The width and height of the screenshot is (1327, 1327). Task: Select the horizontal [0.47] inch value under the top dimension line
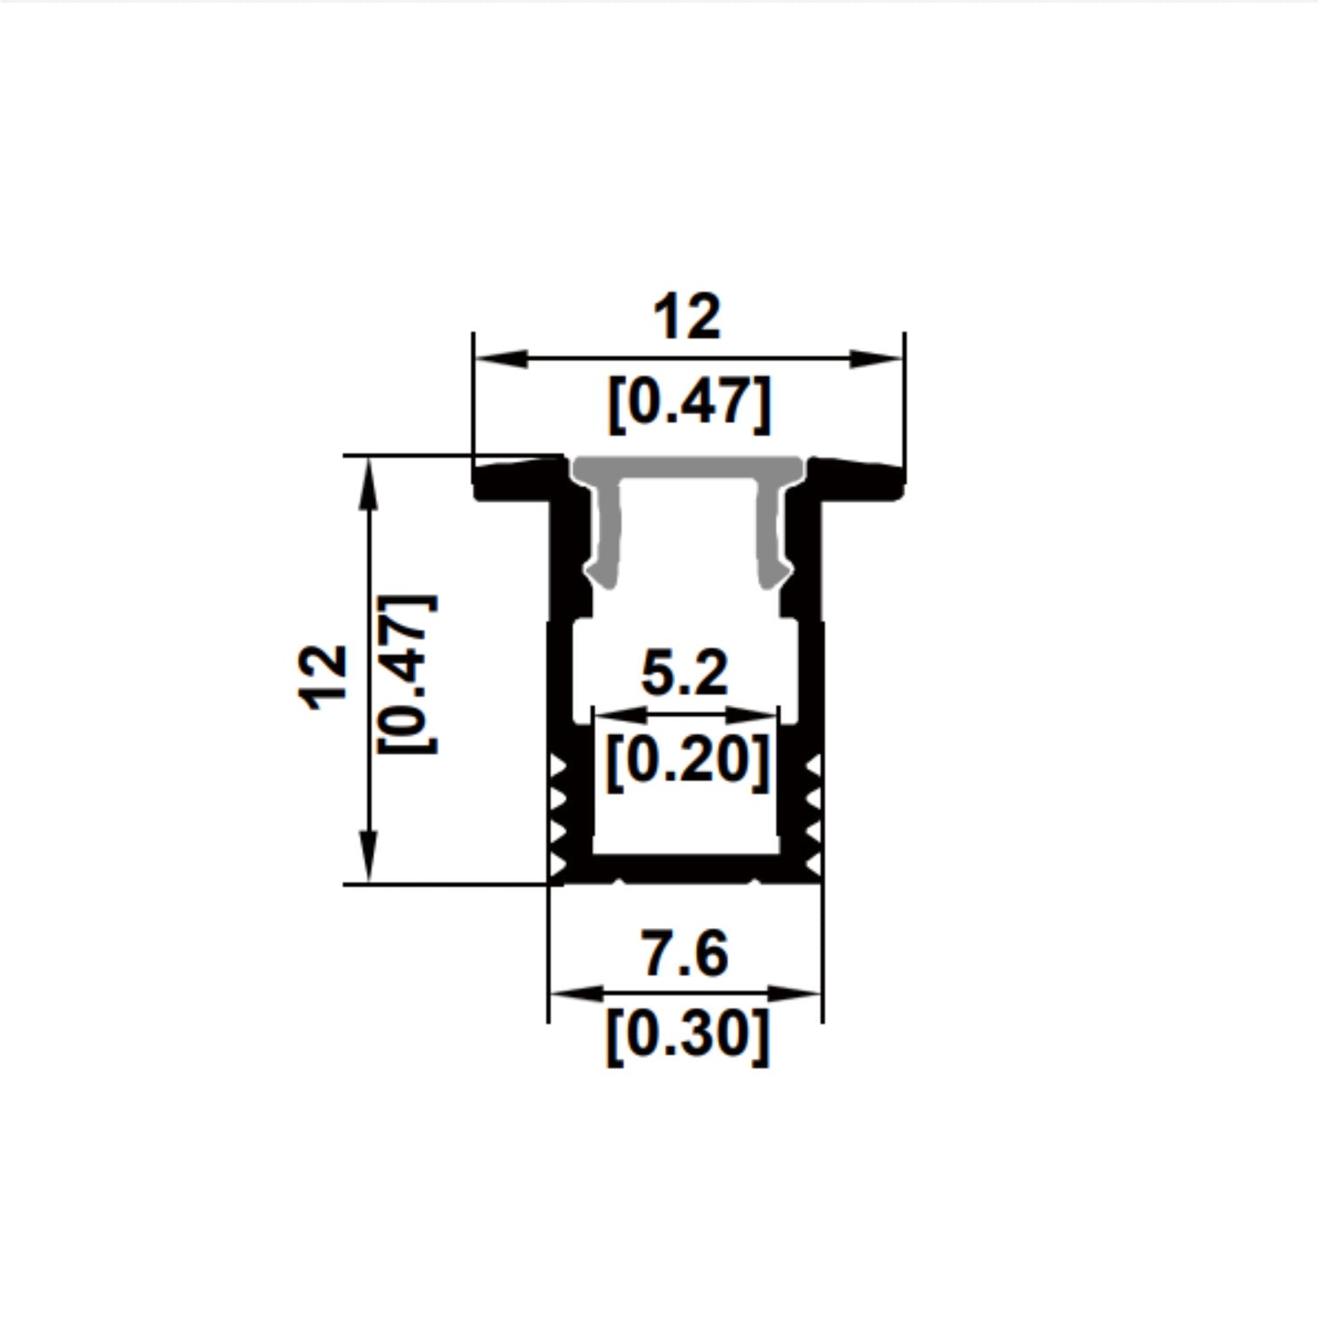(688, 405)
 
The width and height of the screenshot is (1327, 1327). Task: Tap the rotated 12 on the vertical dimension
(324, 677)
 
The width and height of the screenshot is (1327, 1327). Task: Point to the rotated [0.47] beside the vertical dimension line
(407, 674)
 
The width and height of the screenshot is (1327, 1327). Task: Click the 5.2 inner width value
(684, 674)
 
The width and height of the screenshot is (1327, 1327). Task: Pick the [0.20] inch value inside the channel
(687, 761)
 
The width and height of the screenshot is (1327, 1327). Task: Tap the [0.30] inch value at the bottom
(687, 1035)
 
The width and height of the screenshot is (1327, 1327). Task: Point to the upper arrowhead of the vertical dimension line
(369, 482)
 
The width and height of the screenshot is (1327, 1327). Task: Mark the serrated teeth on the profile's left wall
(557, 814)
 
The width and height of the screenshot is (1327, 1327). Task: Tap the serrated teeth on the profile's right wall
(814, 814)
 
